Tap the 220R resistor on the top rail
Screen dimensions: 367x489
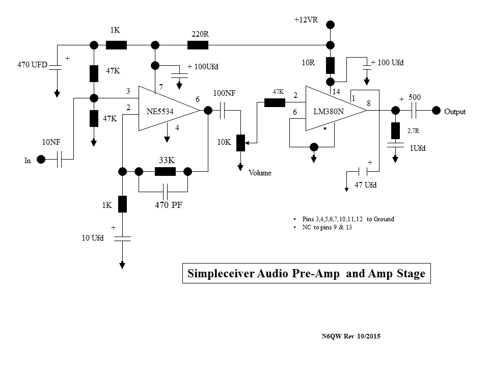198,45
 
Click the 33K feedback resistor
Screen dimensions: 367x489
165,171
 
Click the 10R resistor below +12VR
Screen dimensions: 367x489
330,65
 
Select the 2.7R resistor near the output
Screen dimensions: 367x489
395,131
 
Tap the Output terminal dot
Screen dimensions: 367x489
436,111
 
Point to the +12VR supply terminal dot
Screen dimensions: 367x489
330,24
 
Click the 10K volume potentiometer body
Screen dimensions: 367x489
241,143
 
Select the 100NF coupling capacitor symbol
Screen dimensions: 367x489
222,111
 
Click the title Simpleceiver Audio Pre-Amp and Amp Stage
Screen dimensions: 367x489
306,274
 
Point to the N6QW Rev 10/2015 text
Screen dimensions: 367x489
351,336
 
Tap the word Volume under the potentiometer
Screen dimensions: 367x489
260,173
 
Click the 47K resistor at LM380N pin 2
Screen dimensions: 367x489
275,102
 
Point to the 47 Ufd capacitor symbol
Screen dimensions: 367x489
366,171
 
